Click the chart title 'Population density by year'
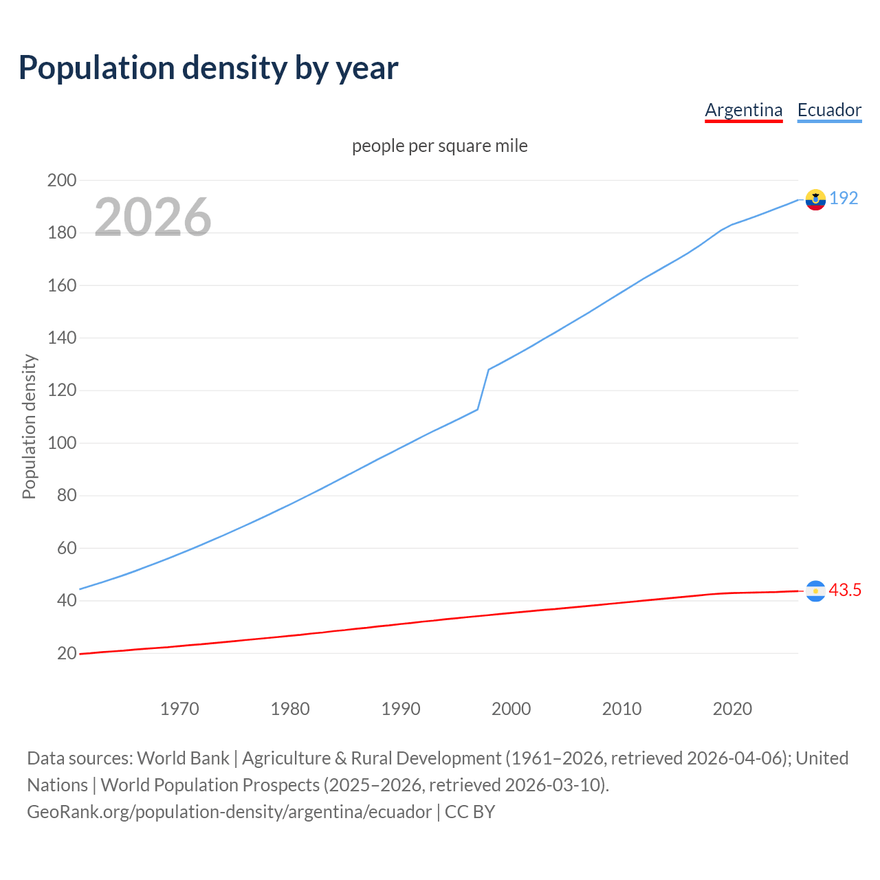(x=208, y=68)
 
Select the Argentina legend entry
(x=743, y=110)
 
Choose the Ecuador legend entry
(x=829, y=110)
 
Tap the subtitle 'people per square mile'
(x=439, y=146)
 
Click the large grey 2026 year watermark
(x=153, y=217)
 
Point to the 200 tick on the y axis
(x=62, y=181)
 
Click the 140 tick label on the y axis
(x=62, y=338)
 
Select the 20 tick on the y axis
(x=67, y=653)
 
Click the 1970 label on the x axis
(x=179, y=709)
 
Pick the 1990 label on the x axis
(x=401, y=709)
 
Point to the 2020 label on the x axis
(x=732, y=709)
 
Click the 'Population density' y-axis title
(x=29, y=426)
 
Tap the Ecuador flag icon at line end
(x=815, y=199)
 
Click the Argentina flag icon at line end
(x=815, y=591)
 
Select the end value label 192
(x=844, y=198)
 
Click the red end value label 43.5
(x=845, y=590)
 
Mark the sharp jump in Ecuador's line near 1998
(x=483, y=389)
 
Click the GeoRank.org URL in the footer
(x=230, y=812)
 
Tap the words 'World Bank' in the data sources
(x=183, y=758)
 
